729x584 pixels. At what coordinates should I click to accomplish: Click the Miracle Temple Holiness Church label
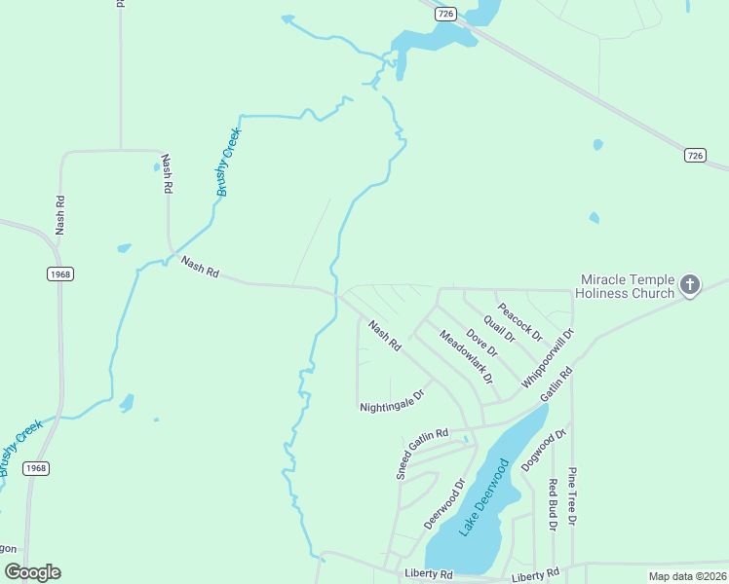(x=625, y=286)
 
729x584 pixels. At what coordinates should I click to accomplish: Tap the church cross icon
(x=690, y=285)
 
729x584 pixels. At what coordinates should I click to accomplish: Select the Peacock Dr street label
(x=519, y=319)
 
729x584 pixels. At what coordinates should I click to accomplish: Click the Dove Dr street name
(x=481, y=343)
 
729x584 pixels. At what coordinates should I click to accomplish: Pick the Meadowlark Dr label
(x=466, y=356)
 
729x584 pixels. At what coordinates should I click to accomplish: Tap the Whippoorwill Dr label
(x=548, y=359)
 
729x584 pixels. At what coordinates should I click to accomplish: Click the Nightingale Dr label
(x=393, y=401)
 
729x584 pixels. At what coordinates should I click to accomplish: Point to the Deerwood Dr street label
(x=444, y=502)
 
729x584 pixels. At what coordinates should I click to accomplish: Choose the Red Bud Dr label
(x=552, y=504)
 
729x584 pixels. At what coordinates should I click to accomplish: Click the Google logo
(x=33, y=572)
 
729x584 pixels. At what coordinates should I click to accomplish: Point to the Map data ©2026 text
(x=688, y=576)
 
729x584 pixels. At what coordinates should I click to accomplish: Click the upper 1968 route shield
(x=60, y=274)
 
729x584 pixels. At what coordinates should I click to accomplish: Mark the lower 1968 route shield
(x=36, y=468)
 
